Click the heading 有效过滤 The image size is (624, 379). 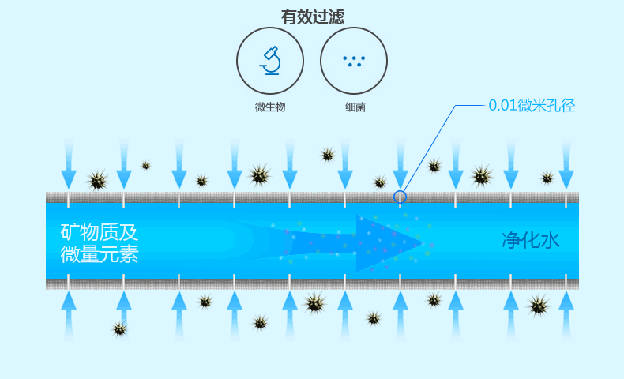pyautogui.click(x=313, y=17)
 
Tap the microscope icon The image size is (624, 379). pyautogui.click(x=271, y=61)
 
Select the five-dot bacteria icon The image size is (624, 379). pyautogui.click(x=354, y=62)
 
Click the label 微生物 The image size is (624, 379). pyautogui.click(x=270, y=107)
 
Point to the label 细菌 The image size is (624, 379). pyautogui.click(x=355, y=107)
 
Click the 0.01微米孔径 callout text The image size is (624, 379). pyautogui.click(x=532, y=106)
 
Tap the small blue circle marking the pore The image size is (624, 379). pyautogui.click(x=400, y=197)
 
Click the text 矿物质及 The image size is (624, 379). pyautogui.click(x=100, y=232)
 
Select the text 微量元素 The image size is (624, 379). pyautogui.click(x=100, y=254)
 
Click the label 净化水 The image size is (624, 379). pyautogui.click(x=531, y=240)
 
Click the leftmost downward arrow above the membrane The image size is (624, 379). pyautogui.click(x=69, y=164)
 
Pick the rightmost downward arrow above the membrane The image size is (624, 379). pyautogui.click(x=566, y=164)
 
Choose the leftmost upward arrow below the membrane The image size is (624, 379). pyautogui.click(x=69, y=316)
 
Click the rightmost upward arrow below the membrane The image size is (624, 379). pyautogui.click(x=566, y=316)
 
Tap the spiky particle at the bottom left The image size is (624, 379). pyautogui.click(x=119, y=329)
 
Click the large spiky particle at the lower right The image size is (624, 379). pyautogui.click(x=539, y=306)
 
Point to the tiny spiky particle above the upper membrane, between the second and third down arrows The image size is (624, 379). pyautogui.click(x=146, y=166)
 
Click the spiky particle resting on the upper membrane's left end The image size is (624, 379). pyautogui.click(x=97, y=181)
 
